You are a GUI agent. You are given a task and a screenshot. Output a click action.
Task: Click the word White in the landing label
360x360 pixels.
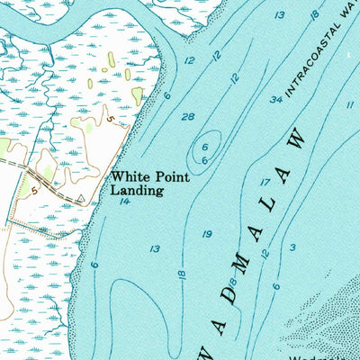click(x=127, y=178)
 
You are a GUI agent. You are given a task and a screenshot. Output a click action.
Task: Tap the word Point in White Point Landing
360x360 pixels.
click(x=167, y=178)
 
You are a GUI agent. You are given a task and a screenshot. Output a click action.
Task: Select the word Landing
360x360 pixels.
click(x=136, y=191)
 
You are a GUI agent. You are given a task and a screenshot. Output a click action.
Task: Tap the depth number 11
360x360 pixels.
click(x=348, y=105)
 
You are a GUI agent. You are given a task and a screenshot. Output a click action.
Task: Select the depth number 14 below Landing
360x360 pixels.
click(x=124, y=202)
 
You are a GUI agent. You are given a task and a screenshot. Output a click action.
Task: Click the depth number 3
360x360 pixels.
click(x=292, y=247)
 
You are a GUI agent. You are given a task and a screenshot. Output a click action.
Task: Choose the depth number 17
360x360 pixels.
click(x=265, y=183)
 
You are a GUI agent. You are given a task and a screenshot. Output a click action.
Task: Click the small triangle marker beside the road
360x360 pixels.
click(x=80, y=196)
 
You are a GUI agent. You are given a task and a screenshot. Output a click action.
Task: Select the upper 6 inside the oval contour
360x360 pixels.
click(x=205, y=147)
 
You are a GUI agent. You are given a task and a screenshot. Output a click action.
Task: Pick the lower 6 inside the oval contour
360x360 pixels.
click(x=205, y=160)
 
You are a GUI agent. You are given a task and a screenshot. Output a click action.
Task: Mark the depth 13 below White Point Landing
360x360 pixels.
click(x=155, y=249)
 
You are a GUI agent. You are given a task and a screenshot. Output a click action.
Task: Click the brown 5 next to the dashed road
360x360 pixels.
click(x=33, y=191)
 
